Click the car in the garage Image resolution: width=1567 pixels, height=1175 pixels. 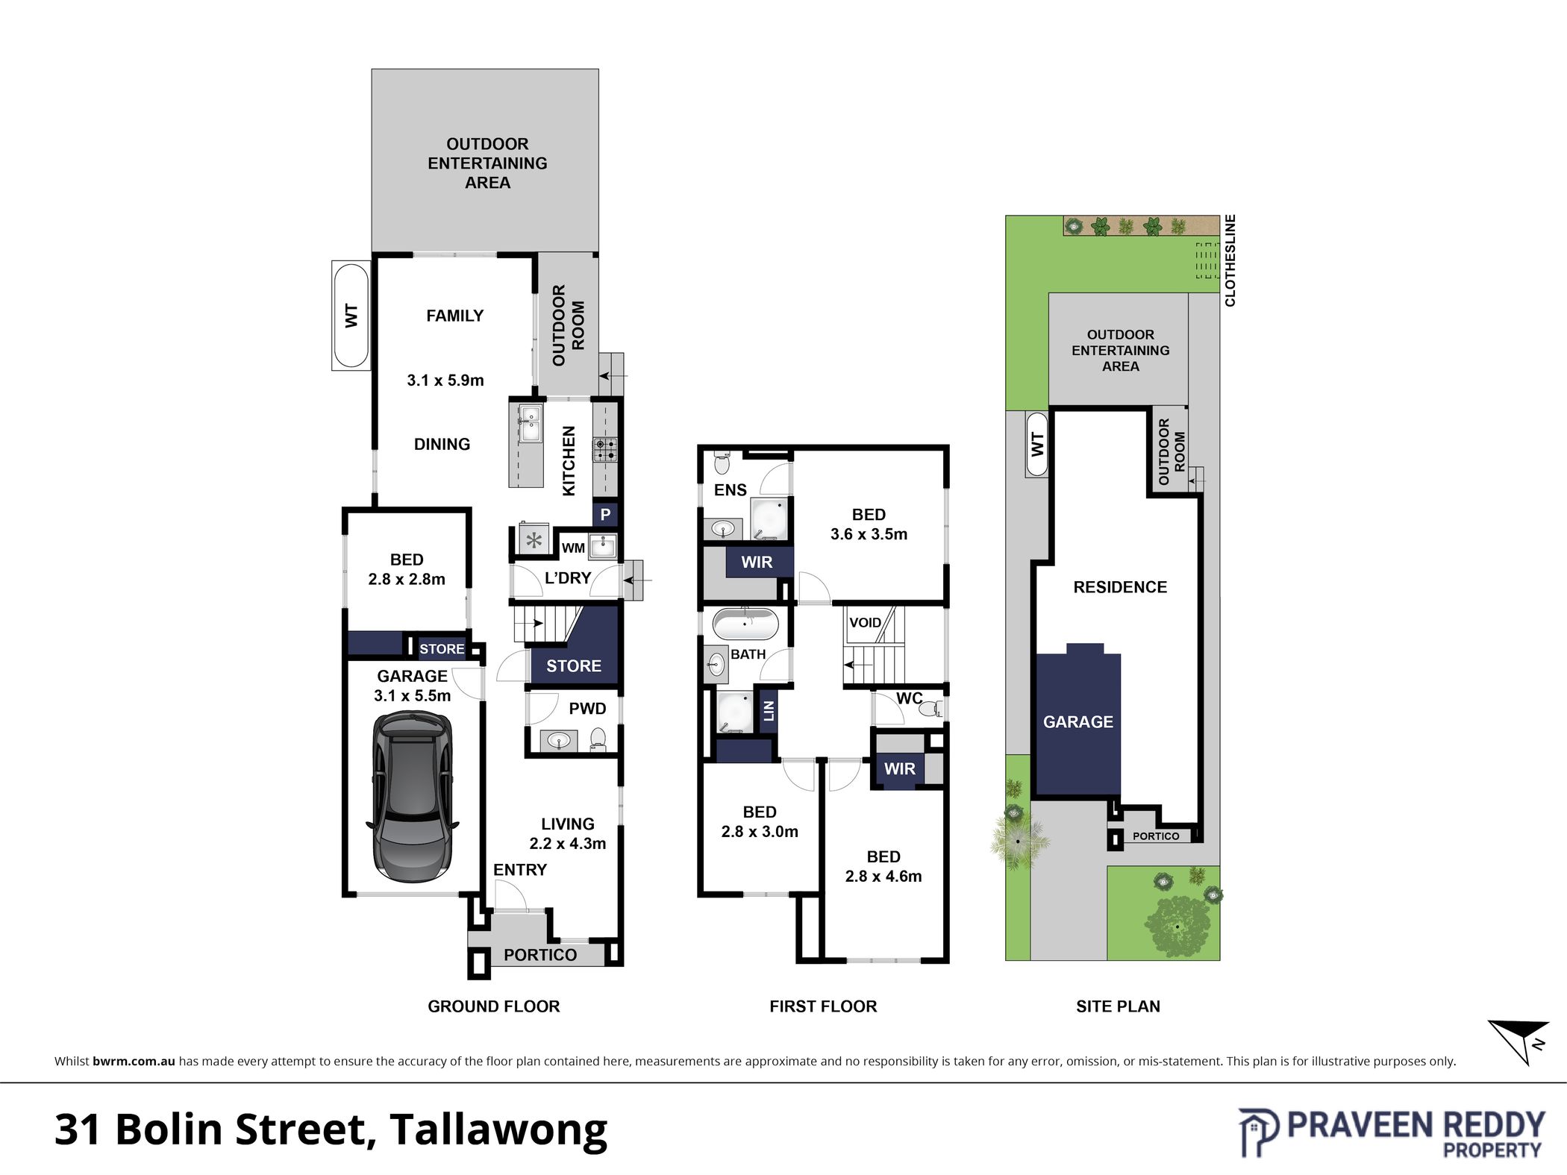click(x=411, y=797)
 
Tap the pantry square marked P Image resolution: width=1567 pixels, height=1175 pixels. click(x=605, y=514)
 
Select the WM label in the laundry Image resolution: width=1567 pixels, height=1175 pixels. click(x=573, y=548)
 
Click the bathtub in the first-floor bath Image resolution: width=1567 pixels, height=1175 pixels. click(x=745, y=624)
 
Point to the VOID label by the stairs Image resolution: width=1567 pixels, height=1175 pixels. click(x=866, y=622)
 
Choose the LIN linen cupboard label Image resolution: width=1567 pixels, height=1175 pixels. click(x=769, y=711)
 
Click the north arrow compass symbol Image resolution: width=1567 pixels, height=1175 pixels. click(x=1518, y=1041)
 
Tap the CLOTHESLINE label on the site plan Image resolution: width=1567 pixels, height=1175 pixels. click(x=1230, y=260)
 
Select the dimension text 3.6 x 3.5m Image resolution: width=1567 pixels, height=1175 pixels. click(x=869, y=534)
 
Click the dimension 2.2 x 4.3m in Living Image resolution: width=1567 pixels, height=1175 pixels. click(x=567, y=844)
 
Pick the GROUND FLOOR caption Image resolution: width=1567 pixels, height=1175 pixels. click(x=493, y=1006)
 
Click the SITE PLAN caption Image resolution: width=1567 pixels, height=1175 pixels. click(x=1118, y=1006)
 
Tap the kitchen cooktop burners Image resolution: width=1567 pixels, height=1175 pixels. click(x=605, y=449)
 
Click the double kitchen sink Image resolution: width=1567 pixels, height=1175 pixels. click(x=531, y=424)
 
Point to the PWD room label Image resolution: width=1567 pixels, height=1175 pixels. click(x=587, y=709)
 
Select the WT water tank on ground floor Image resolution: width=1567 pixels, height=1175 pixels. click(x=351, y=316)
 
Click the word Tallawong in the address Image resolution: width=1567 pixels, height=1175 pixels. click(x=498, y=1130)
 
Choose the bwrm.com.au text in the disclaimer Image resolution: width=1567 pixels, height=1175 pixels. click(x=134, y=1061)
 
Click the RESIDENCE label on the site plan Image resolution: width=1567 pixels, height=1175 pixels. click(x=1120, y=587)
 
